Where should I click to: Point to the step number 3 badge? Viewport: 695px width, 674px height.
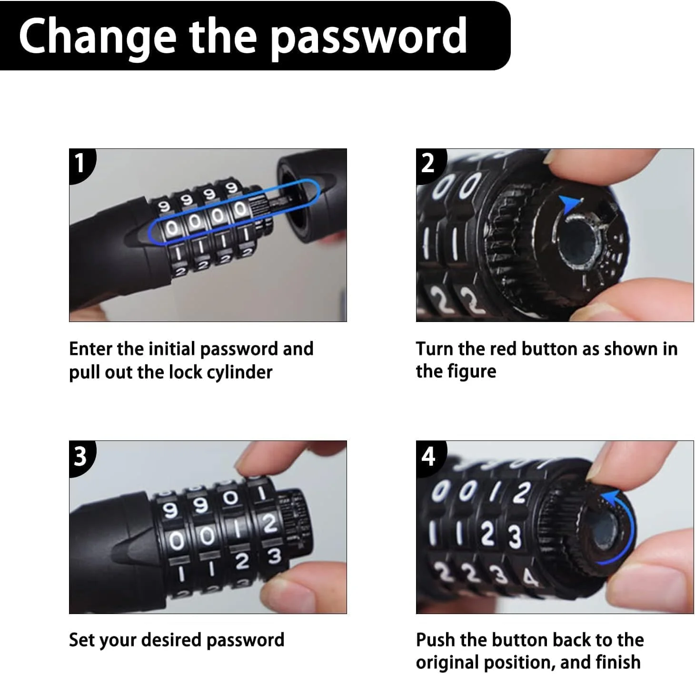point(81,457)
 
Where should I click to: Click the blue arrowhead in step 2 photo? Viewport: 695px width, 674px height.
point(570,204)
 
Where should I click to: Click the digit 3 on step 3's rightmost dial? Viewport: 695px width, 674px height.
point(274,556)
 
